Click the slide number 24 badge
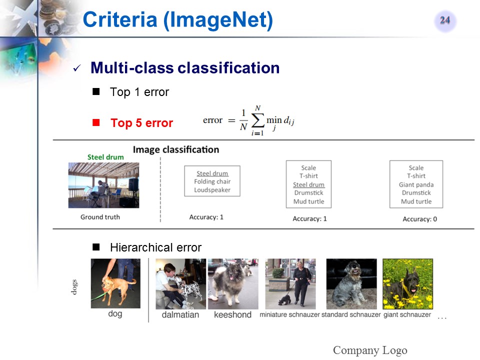point(445,20)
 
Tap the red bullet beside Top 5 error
point(96,122)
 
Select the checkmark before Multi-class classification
point(77,68)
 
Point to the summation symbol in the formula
point(257,121)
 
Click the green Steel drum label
point(105,157)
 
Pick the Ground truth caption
point(100,217)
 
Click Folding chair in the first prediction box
point(212,181)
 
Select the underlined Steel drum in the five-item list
point(308,184)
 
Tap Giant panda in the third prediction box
point(416,184)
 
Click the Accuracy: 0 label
point(419,219)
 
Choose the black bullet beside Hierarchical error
point(96,247)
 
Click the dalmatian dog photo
point(181,284)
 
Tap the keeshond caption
point(232,314)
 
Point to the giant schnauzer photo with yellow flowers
point(408,284)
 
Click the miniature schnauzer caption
point(289,314)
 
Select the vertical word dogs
point(74,287)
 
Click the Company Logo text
point(370,350)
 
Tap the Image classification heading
point(176,149)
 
